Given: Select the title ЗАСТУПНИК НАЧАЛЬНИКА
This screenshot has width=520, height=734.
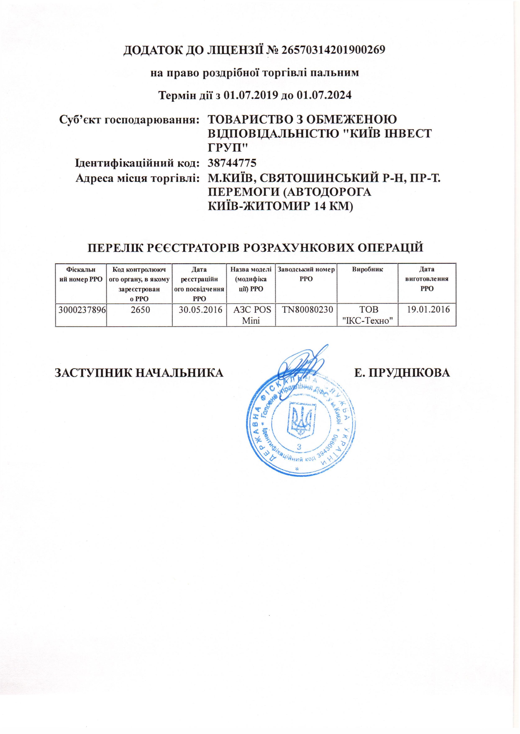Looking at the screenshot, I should point(139,373).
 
